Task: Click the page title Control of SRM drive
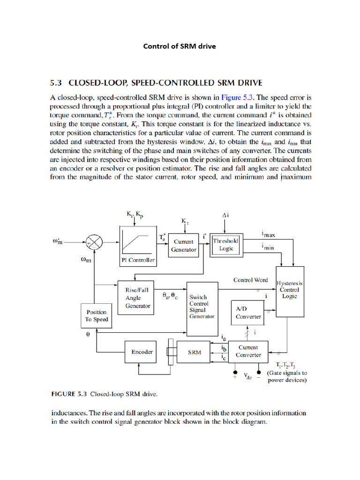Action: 179,46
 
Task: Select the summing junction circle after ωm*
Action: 96,242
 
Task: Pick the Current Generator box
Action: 183,245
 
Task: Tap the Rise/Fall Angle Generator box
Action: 137,298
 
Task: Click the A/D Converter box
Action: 248,312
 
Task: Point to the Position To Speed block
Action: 96,315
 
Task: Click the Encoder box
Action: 142,352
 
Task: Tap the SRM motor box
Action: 195,352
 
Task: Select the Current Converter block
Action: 248,351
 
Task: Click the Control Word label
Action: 250,280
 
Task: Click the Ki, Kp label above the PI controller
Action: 135,214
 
